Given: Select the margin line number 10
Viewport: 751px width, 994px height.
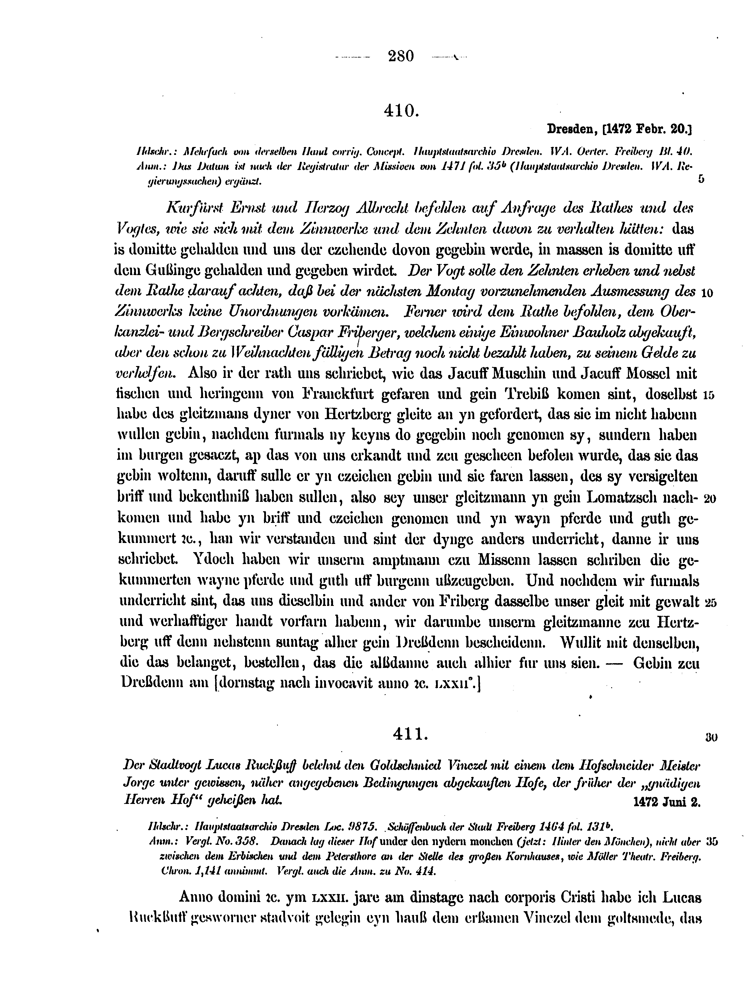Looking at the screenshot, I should click(706, 293).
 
